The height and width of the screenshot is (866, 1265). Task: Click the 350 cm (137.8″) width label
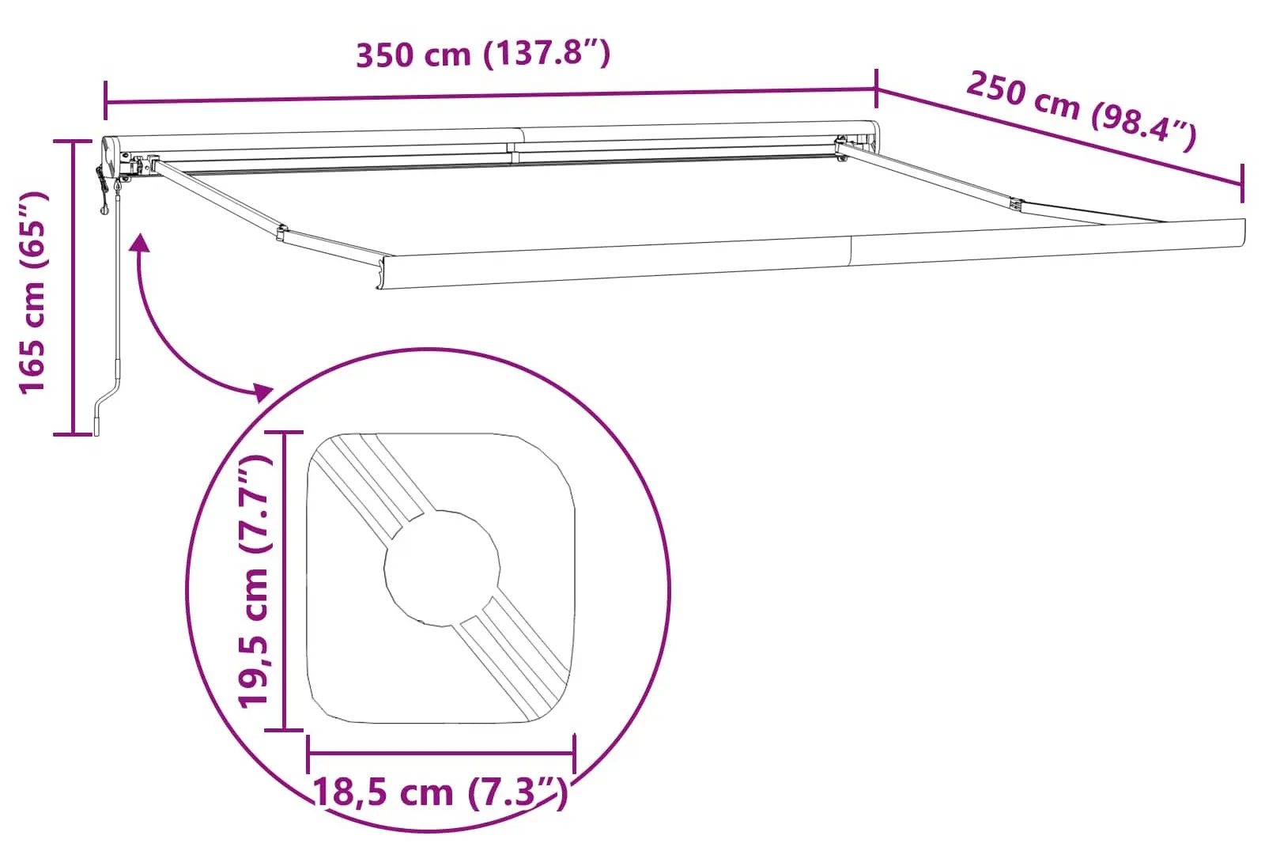[x=483, y=55]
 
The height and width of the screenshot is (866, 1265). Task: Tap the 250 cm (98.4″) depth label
[x=1081, y=111]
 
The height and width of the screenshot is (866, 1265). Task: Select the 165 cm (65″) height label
[x=33, y=292]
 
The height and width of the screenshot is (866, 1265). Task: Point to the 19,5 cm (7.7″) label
[x=255, y=581]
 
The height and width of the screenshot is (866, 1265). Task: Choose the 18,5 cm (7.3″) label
[x=440, y=792]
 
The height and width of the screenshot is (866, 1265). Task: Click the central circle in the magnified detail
[x=442, y=567]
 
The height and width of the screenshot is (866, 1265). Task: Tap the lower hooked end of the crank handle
[x=98, y=424]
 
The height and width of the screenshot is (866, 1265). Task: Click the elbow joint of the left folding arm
[x=281, y=233]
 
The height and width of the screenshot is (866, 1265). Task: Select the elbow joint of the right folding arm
[x=1016, y=205]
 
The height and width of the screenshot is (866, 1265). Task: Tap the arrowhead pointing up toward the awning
[x=140, y=242]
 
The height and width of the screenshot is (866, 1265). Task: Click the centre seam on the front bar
[x=852, y=251]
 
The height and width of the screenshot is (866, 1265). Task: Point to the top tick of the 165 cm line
[x=73, y=142]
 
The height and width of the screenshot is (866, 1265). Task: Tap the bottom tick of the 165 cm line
[x=73, y=434]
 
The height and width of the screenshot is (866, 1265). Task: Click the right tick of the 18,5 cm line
[x=575, y=754]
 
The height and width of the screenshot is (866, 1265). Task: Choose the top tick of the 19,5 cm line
[x=283, y=433]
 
